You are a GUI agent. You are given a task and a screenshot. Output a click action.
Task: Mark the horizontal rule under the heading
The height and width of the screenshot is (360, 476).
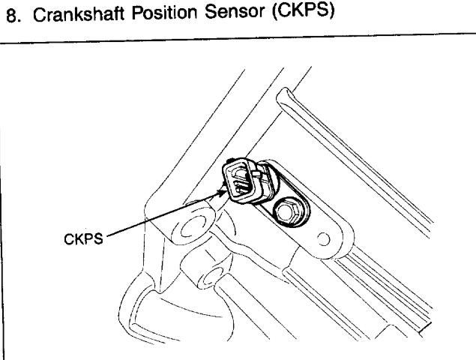238,37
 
